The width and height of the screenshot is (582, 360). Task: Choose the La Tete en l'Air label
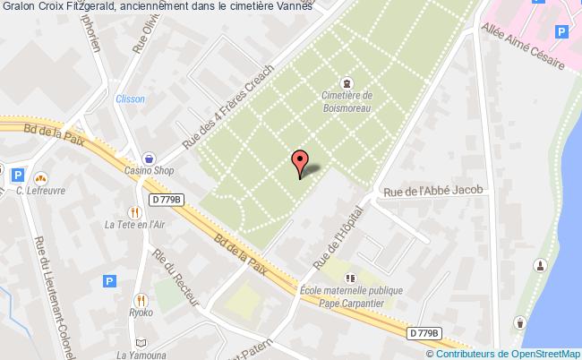pyautogui.click(x=133, y=224)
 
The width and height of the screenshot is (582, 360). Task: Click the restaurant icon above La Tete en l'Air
pyautogui.click(x=133, y=212)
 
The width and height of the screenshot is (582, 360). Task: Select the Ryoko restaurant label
pyautogui.click(x=141, y=314)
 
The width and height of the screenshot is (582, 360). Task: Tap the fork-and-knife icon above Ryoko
pyautogui.click(x=141, y=300)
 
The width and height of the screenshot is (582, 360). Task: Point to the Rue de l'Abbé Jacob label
pyautogui.click(x=432, y=190)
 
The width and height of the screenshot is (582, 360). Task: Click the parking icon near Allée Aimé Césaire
pyautogui.click(x=561, y=32)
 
